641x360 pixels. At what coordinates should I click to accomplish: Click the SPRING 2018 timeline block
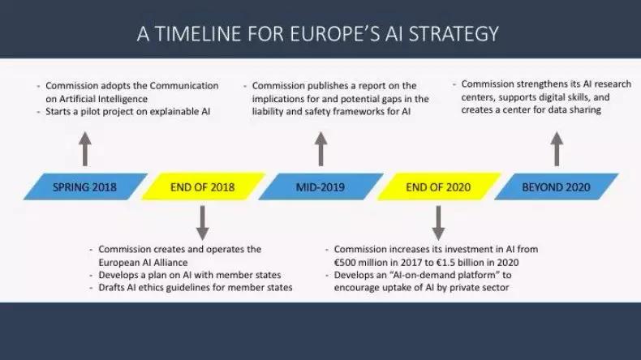(x=85, y=186)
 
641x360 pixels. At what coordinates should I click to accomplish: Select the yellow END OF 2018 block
(x=203, y=186)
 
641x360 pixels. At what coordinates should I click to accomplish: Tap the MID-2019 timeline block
(x=320, y=186)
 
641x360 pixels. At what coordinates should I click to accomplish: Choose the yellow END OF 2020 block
(x=438, y=186)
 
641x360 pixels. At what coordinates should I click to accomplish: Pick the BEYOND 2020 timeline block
(x=557, y=186)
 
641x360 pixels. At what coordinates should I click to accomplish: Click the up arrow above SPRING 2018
(x=85, y=148)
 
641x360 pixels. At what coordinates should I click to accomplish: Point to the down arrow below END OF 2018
(x=203, y=223)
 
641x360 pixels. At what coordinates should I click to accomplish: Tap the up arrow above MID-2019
(x=321, y=148)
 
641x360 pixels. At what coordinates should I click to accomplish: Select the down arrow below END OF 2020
(x=438, y=223)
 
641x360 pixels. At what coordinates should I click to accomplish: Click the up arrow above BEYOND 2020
(x=557, y=148)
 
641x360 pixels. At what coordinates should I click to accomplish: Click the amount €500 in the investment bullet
(x=345, y=263)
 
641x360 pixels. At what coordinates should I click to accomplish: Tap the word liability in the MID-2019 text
(x=268, y=112)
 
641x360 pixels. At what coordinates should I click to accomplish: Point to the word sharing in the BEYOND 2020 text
(x=585, y=110)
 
